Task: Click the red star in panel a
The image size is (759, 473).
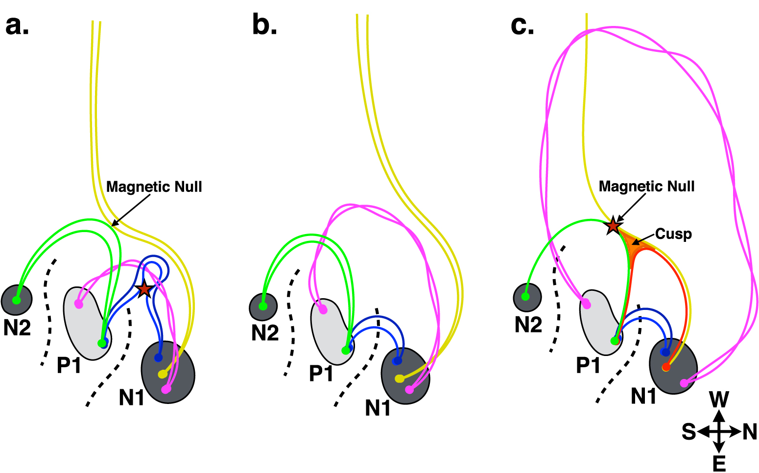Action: [144, 289]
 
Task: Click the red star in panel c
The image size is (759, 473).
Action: [613, 226]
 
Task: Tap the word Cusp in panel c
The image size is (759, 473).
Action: [673, 234]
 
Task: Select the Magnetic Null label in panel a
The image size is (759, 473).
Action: [154, 187]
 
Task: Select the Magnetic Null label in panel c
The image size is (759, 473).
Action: [646, 187]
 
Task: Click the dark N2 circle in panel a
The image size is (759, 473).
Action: [17, 299]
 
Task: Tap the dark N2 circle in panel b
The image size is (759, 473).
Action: [263, 307]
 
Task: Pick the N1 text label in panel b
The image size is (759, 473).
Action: [378, 407]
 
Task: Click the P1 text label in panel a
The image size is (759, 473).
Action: [69, 365]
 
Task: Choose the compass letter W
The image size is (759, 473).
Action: [719, 400]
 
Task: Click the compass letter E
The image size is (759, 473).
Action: [719, 463]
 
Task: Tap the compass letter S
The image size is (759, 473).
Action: [688, 432]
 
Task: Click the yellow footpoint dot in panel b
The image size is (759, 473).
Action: [399, 378]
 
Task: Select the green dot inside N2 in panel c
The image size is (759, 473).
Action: [525, 296]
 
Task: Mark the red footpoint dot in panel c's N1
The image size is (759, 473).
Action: [665, 367]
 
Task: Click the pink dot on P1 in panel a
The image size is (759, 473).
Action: [78, 304]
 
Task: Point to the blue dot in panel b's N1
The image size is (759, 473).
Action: [397, 361]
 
